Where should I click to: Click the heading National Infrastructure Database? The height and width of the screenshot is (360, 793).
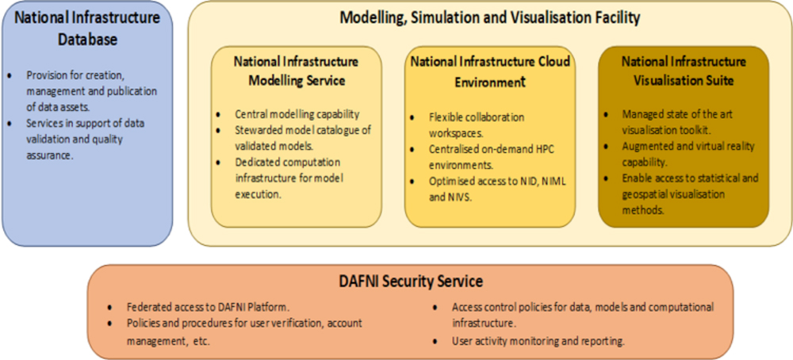87,28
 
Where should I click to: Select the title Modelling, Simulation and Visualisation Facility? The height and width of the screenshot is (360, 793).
489,17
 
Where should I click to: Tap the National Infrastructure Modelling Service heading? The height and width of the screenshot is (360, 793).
296,71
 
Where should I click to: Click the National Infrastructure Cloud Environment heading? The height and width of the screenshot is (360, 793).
489,71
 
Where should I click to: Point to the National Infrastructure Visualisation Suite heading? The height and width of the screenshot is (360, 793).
684,71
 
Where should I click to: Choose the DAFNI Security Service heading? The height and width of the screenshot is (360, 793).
410,281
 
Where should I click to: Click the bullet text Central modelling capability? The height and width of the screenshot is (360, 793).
297,114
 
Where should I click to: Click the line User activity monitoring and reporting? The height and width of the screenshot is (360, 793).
538,341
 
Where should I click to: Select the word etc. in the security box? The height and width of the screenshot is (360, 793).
201,341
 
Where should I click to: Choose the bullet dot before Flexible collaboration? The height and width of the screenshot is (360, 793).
412,118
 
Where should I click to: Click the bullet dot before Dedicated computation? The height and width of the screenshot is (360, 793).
219,163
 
